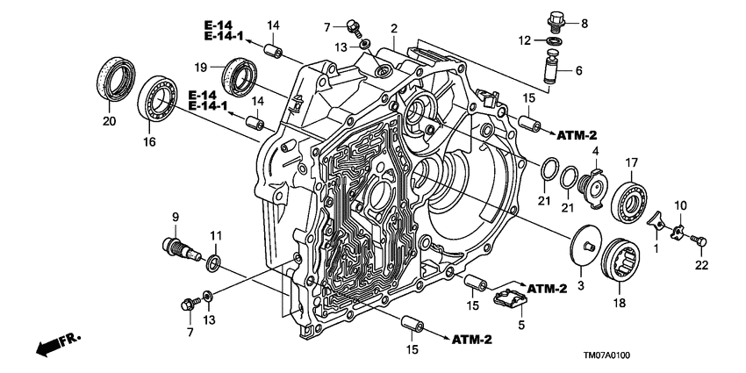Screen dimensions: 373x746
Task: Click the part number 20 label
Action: point(108,121)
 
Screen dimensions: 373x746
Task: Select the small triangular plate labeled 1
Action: point(656,225)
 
